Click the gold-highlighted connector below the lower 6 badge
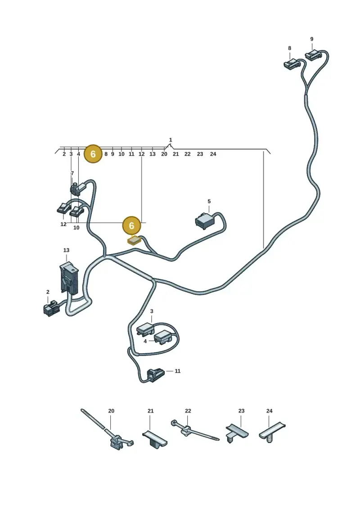(134, 240)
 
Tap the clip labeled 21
(154, 439)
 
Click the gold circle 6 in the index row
(93, 154)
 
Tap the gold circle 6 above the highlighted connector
(131, 225)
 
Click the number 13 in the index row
(152, 154)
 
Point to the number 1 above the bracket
(171, 140)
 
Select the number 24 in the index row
(213, 154)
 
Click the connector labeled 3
(145, 329)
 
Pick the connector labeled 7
(76, 189)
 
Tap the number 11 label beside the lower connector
(178, 371)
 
